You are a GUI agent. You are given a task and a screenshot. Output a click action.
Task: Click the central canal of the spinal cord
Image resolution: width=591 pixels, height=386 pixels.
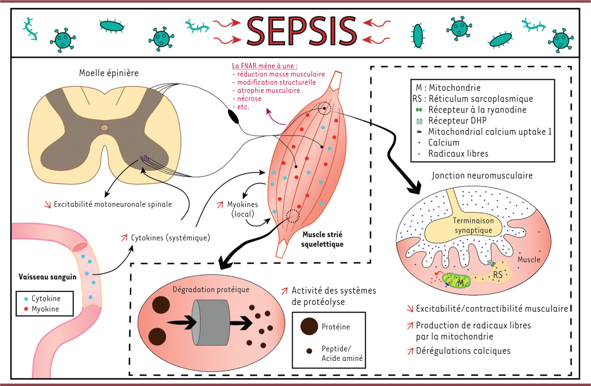104,128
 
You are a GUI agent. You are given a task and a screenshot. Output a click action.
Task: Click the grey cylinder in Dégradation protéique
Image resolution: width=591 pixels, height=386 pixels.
211,322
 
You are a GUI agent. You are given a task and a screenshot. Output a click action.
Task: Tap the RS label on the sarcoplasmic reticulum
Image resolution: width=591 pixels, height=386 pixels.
498,276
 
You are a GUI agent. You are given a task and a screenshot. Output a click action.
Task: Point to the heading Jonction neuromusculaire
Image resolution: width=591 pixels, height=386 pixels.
482,175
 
